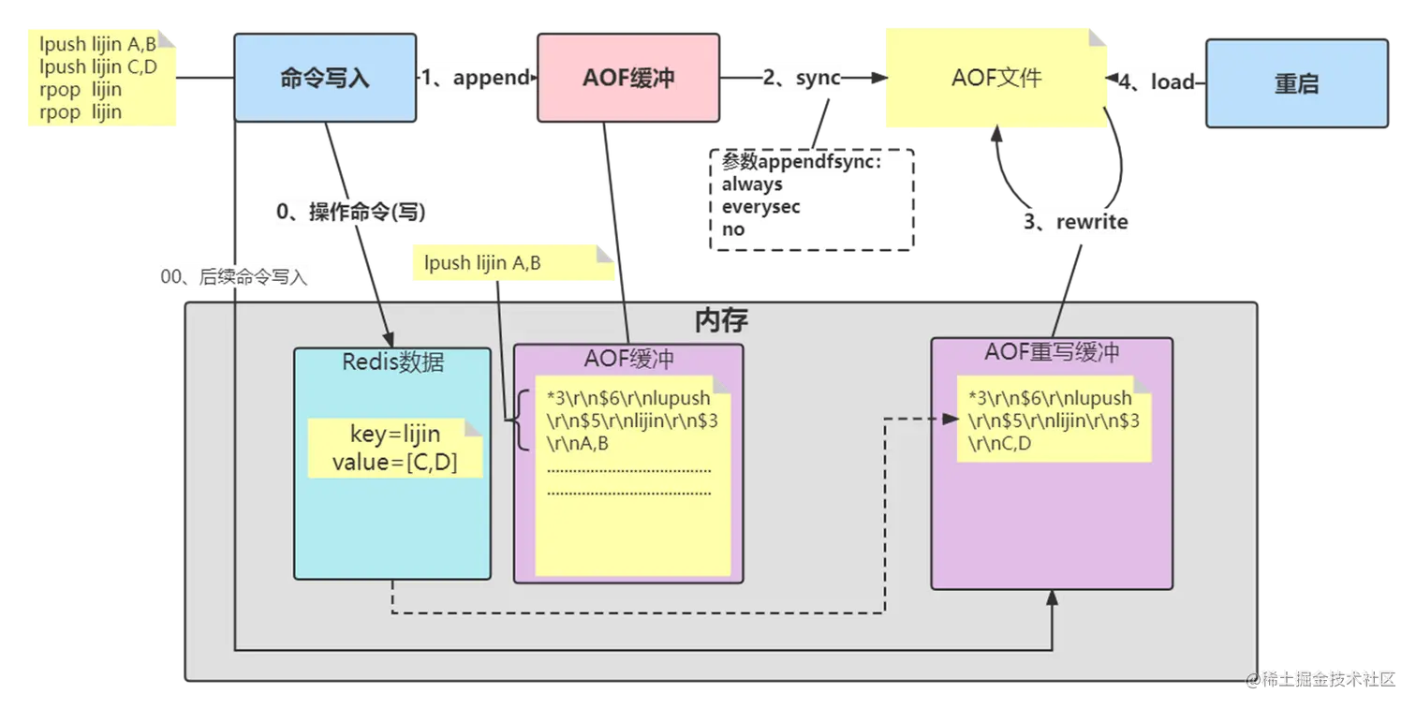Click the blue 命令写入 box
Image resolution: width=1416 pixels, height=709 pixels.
(325, 78)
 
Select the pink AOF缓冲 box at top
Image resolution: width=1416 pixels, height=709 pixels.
(627, 78)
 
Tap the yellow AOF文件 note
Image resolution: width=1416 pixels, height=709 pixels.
(996, 77)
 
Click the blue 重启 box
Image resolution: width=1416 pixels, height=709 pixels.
(1296, 83)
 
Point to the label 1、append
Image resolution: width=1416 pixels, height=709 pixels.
(476, 78)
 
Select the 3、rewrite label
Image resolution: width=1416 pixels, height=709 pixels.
(1074, 223)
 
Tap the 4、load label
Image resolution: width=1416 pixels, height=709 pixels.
(1158, 82)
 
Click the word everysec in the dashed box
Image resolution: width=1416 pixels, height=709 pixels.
(760, 207)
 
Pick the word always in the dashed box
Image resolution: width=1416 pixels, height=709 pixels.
(752, 185)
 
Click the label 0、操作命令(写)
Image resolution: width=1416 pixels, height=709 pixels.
(351, 213)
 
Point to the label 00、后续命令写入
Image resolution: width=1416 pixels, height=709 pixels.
(234, 277)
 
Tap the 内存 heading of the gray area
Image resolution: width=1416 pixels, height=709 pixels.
(721, 321)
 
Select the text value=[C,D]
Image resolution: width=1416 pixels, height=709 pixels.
(394, 462)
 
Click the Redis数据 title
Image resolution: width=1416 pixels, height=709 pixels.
(393, 362)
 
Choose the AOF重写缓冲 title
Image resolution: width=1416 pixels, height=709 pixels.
(1052, 353)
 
